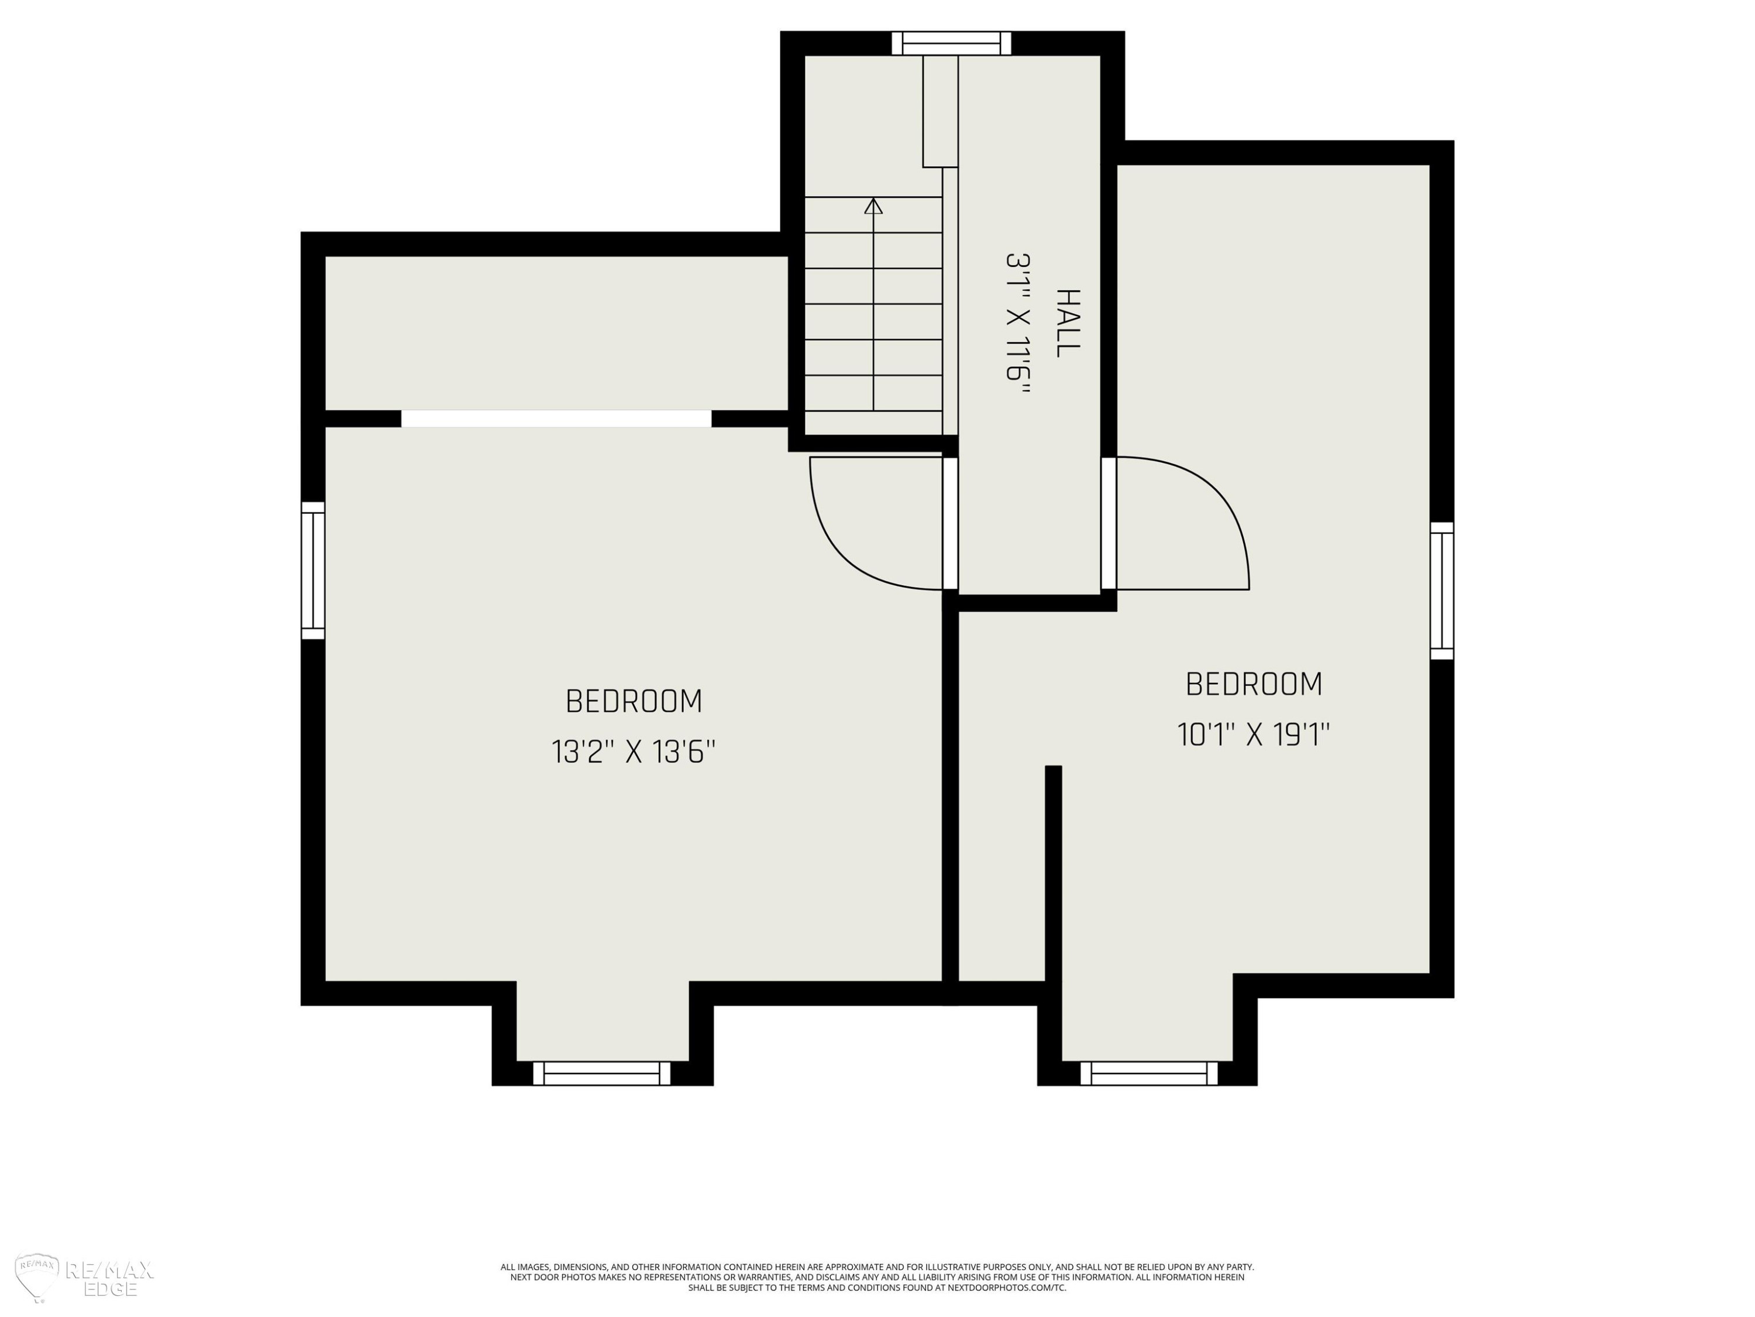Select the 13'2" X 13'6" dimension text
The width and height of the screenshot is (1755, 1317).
click(x=633, y=752)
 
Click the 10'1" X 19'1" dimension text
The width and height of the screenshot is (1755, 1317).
click(x=1254, y=735)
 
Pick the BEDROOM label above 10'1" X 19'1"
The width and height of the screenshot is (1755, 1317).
click(x=1254, y=684)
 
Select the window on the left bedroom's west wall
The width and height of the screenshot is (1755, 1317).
click(x=314, y=570)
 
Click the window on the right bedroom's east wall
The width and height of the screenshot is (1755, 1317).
click(x=1441, y=591)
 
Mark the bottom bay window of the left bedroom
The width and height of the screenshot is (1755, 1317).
click(x=601, y=1074)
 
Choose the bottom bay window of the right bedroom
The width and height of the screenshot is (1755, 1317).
click(x=1149, y=1074)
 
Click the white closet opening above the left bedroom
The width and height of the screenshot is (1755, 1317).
click(x=556, y=419)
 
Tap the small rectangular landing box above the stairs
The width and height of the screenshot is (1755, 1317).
click(x=940, y=111)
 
